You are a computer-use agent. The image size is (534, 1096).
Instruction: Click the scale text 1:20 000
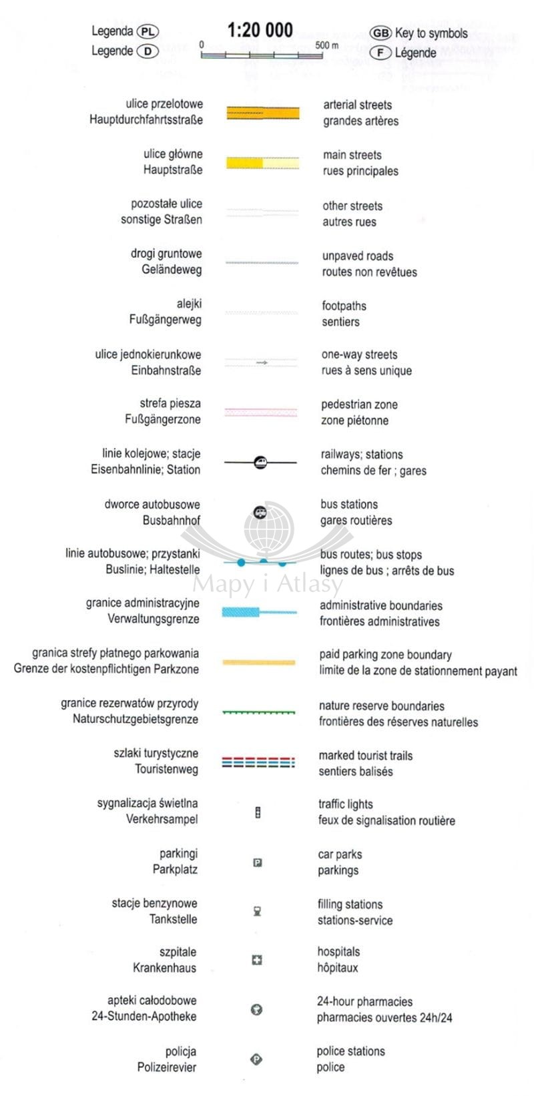[260, 30]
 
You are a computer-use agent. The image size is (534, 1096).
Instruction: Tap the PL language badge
[148, 32]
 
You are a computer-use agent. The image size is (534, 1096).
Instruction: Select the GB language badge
[380, 33]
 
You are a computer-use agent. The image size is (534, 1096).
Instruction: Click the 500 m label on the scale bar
[326, 45]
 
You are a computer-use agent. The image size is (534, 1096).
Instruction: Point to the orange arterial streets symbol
[263, 113]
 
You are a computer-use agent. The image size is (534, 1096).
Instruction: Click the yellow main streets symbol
[262, 163]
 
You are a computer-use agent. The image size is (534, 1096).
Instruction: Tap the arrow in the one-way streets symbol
[262, 362]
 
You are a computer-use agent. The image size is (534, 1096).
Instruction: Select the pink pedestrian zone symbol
[261, 412]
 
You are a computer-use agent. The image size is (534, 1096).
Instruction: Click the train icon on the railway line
[261, 462]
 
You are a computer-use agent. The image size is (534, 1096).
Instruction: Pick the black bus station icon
[260, 512]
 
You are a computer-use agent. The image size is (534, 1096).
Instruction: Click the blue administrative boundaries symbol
[260, 611]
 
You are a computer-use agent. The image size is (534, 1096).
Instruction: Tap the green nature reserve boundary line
[259, 712]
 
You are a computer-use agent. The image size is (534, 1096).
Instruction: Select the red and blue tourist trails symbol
[258, 762]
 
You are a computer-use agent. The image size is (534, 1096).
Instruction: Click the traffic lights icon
[258, 813]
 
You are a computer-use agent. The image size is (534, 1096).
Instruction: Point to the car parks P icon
[258, 862]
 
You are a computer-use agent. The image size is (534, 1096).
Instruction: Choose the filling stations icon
[257, 912]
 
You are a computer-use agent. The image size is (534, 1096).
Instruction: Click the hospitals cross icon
[257, 960]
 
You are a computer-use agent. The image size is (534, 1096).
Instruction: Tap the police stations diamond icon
[256, 1059]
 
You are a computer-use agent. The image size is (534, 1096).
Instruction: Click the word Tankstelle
[174, 919]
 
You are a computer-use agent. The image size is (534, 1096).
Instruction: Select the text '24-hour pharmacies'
[364, 1002]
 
